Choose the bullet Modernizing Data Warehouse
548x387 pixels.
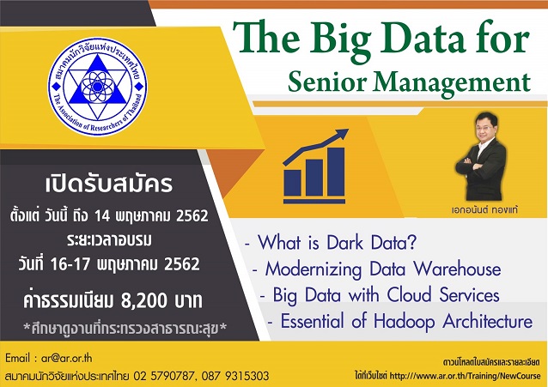pyautogui.click(x=382, y=269)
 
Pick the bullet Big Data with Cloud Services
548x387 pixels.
pyautogui.click(x=391, y=295)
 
